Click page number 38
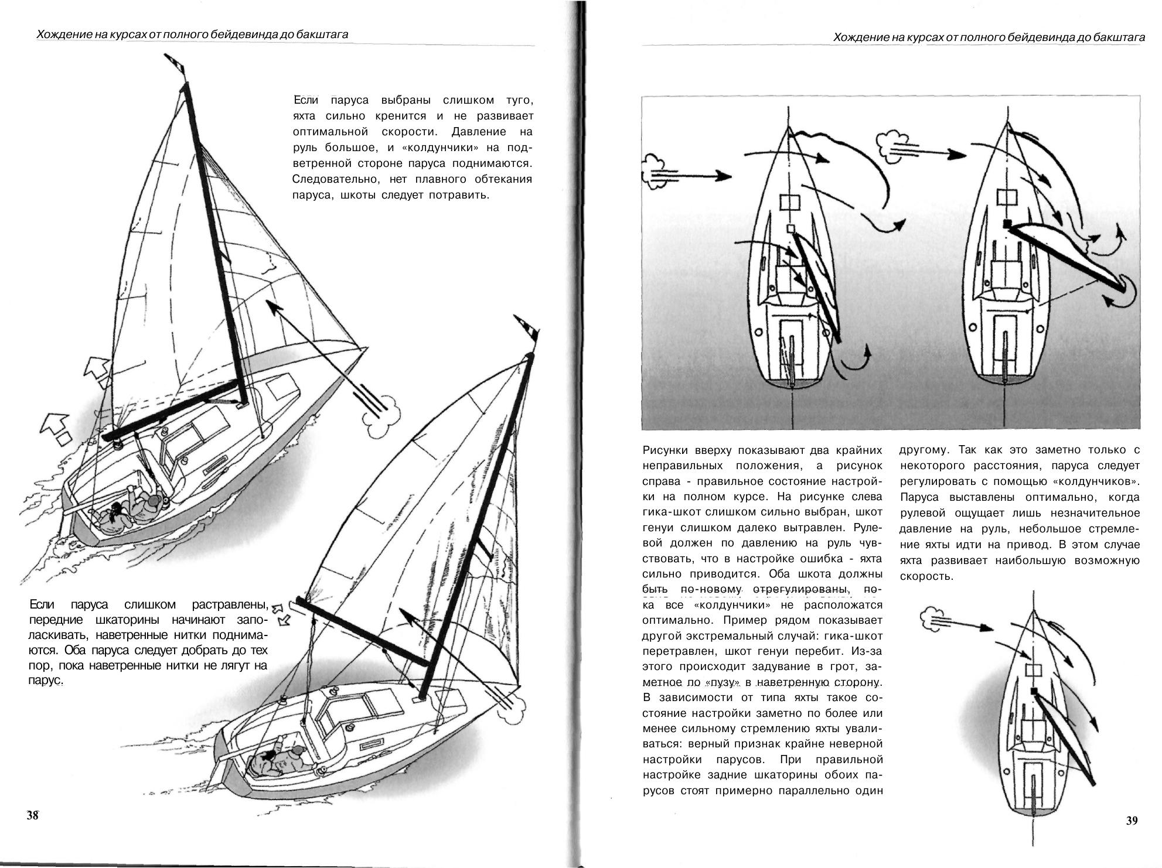pyautogui.click(x=32, y=815)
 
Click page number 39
pyautogui.click(x=1132, y=821)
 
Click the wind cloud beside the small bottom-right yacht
pyautogui.click(x=934, y=619)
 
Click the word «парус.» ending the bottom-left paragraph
pyautogui.click(x=45, y=682)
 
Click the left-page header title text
pyautogui.click(x=192, y=35)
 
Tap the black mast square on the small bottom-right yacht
pyautogui.click(x=1034, y=691)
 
